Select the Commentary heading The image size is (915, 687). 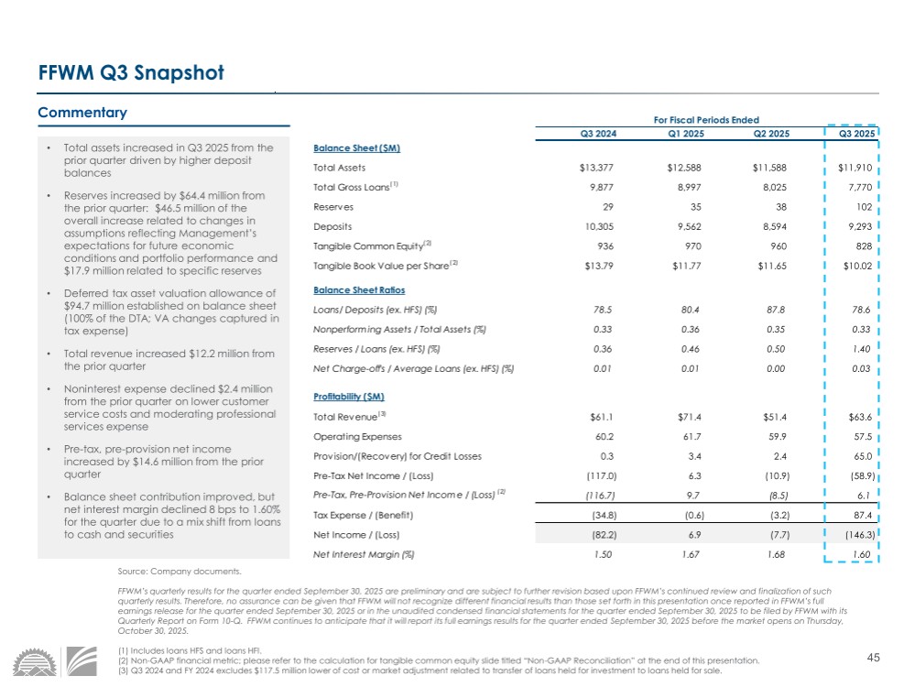82,113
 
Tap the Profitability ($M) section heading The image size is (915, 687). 349,397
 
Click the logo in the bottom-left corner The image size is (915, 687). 55,664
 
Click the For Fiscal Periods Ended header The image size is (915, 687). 705,119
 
